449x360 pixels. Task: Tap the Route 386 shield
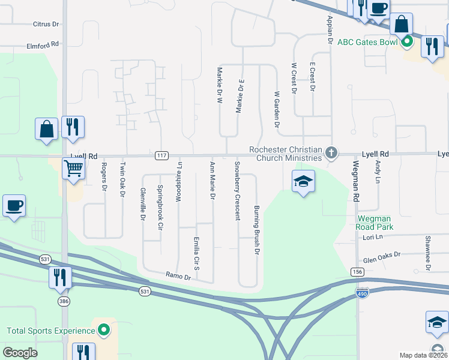64,301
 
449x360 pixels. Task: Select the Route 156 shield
358,272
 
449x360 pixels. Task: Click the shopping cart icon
73,169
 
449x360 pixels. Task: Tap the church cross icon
331,154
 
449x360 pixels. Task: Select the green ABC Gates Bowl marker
407,42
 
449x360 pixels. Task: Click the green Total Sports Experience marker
104,330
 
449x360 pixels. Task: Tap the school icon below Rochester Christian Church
304,182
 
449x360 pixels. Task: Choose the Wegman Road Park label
375,223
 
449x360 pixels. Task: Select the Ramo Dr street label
178,277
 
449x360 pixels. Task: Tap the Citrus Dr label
46,25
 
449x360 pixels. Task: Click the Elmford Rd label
43,44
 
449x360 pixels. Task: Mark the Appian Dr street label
330,31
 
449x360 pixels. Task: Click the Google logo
20,353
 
